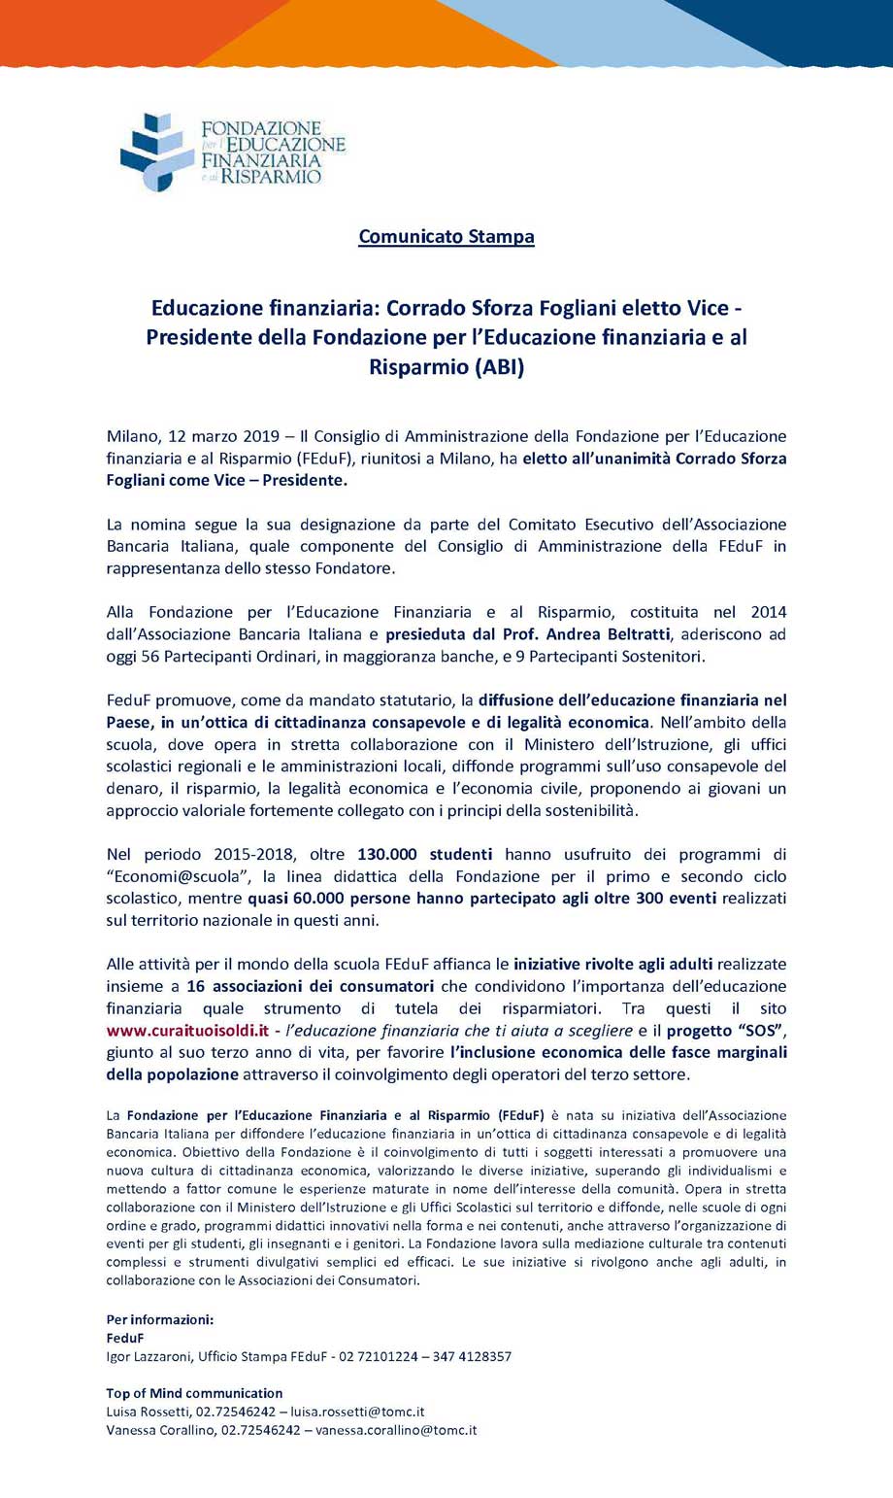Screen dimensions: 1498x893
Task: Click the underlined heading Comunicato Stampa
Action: (x=446, y=236)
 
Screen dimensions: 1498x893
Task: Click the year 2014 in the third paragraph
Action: (x=768, y=612)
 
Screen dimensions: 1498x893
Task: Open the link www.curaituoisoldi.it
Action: (x=187, y=1030)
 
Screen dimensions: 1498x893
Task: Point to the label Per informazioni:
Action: (x=159, y=1319)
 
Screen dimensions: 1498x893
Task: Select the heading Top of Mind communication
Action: (x=194, y=1393)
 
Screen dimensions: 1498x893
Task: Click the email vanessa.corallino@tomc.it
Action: (x=396, y=1430)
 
